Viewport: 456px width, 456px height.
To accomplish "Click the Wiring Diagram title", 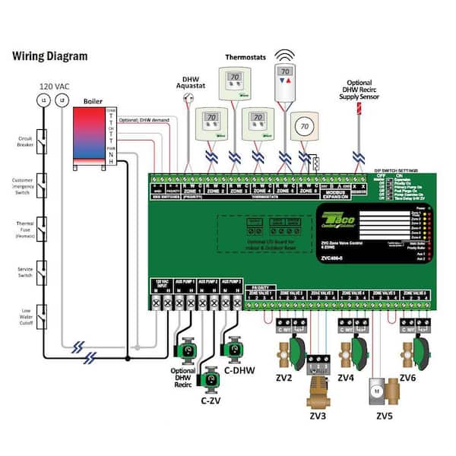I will [x=50, y=56].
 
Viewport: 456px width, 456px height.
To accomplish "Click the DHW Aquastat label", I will [x=189, y=83].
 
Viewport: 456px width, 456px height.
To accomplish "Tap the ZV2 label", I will [x=286, y=377].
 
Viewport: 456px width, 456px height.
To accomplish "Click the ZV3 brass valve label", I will [x=318, y=416].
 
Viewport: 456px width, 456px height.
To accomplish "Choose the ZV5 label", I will [x=385, y=416].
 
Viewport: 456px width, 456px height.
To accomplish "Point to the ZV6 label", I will [x=407, y=377].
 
